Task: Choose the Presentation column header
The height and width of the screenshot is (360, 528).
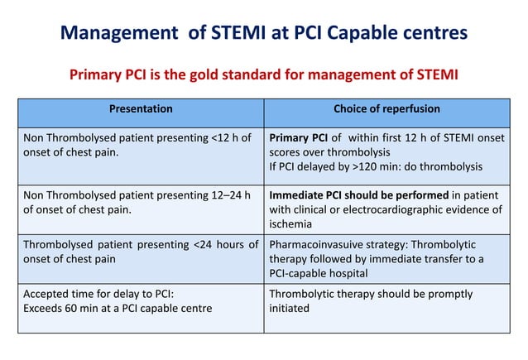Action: (142, 108)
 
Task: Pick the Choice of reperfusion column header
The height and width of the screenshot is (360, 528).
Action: (386, 108)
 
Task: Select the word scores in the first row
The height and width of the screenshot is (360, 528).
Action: (286, 152)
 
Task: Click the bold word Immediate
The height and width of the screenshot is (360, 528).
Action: (300, 194)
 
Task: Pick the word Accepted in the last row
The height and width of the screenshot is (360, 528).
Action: (46, 294)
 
